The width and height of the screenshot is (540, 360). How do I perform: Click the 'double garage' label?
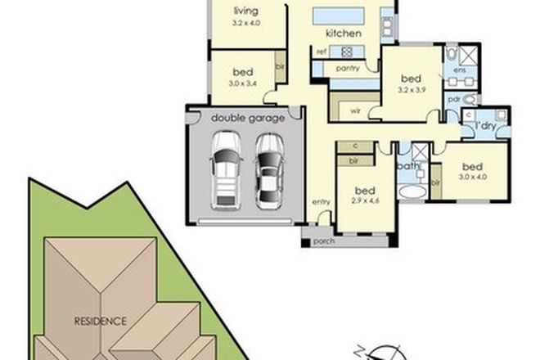coord(248,118)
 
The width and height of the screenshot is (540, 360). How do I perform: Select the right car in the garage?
coord(268,170)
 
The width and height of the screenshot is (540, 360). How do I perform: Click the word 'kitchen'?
coord(344,34)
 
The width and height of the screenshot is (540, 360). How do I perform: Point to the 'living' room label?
coord(245,11)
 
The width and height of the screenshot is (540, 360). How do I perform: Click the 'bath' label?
coord(408,166)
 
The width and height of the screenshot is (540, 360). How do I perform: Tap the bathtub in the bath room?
coord(412,191)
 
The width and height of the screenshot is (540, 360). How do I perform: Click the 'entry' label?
coord(321,201)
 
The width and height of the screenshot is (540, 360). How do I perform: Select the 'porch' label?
coord(325,241)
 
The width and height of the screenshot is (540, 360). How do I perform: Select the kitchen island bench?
coord(339,16)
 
